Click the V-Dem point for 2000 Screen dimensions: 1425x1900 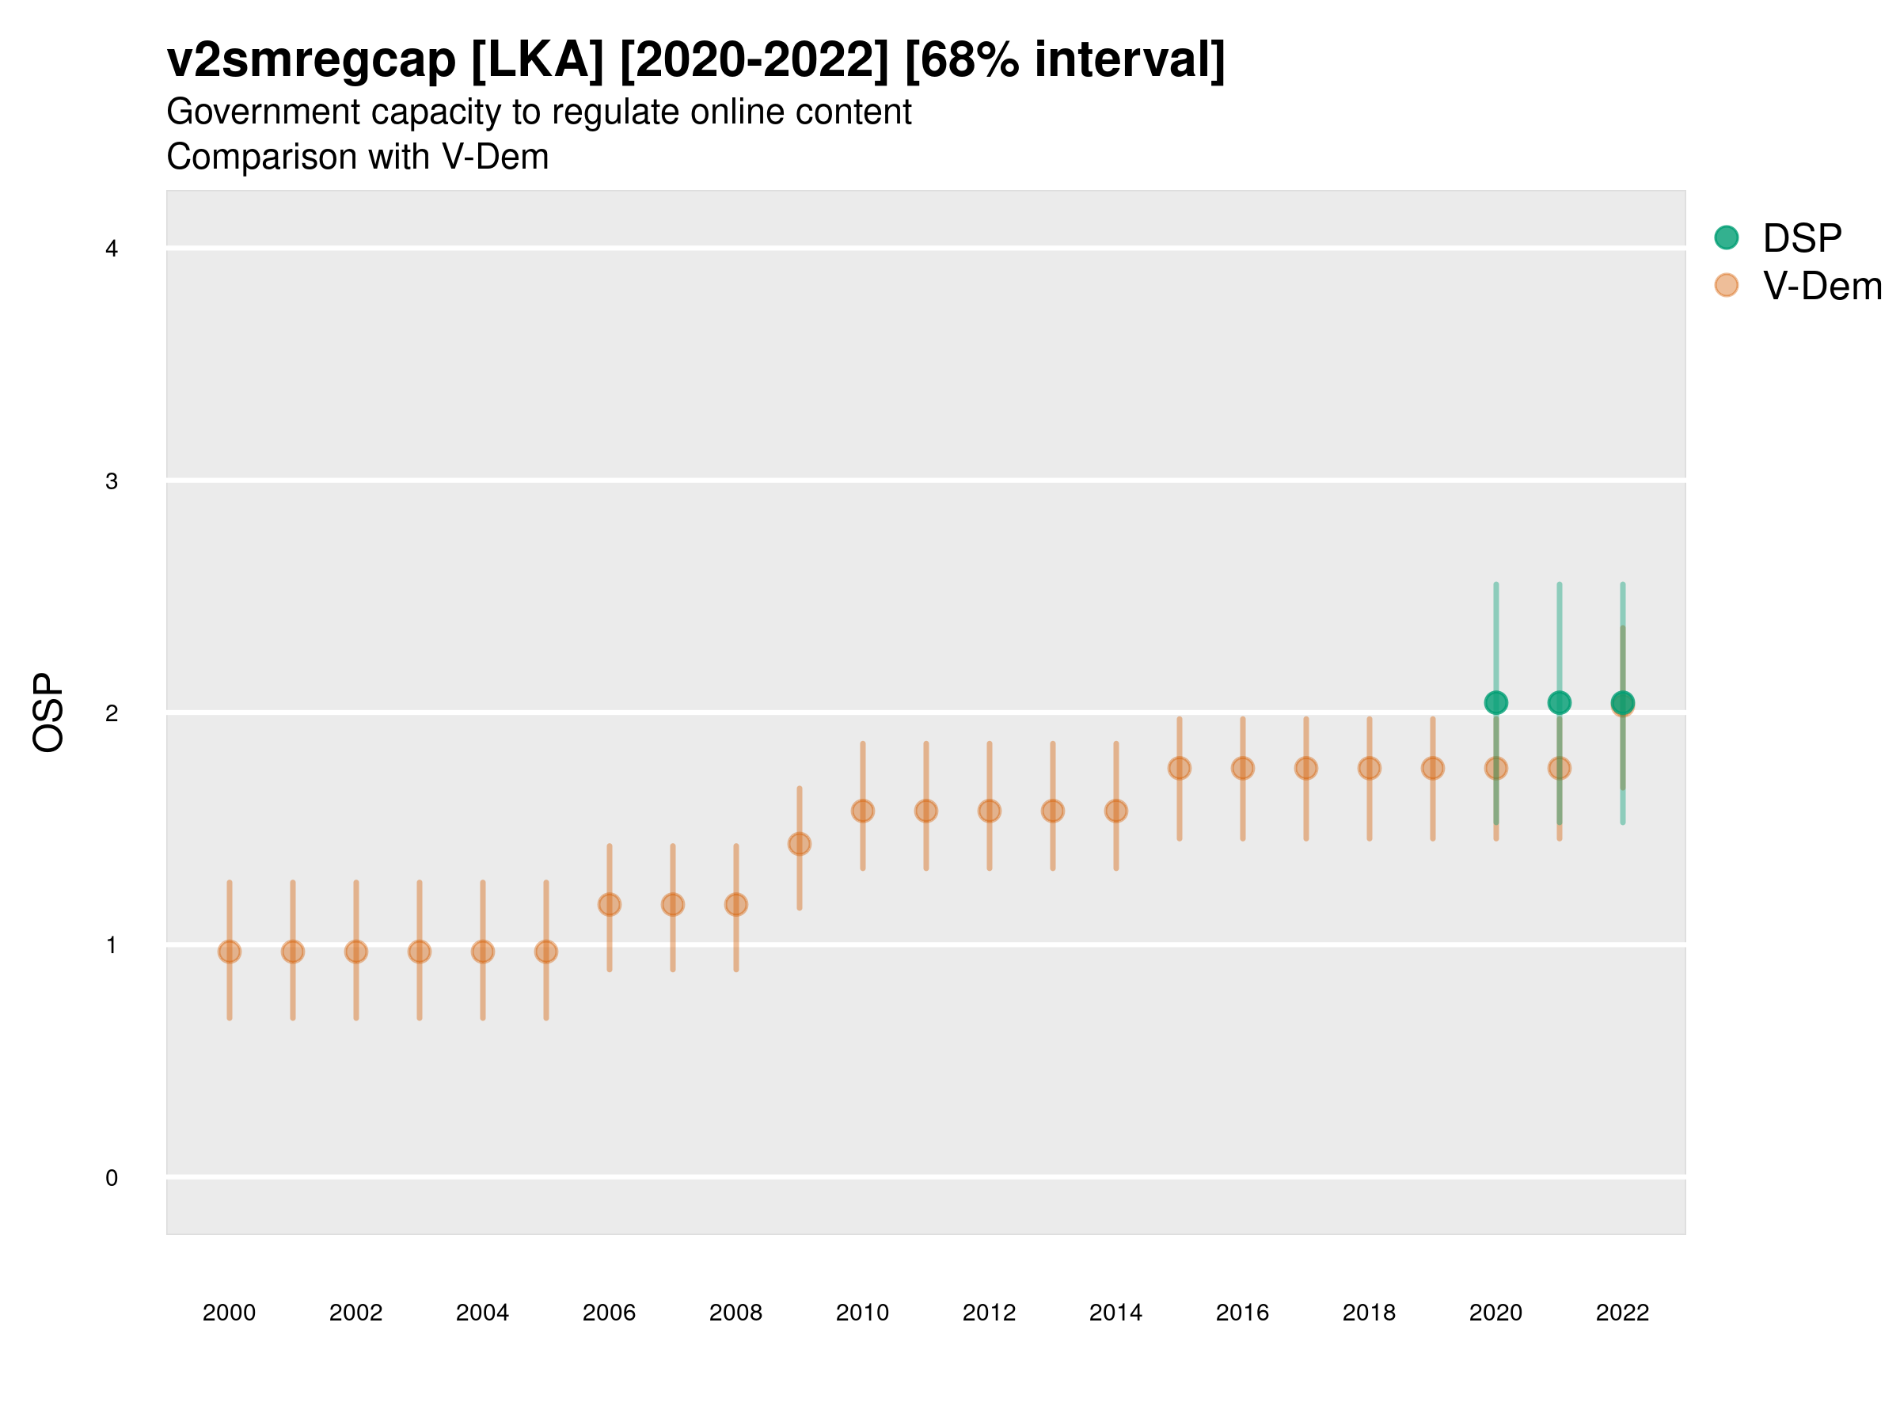(x=230, y=952)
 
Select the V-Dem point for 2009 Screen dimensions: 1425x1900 (x=799, y=845)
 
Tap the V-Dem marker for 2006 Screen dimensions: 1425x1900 (x=609, y=904)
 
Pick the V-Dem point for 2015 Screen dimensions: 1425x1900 (x=1180, y=768)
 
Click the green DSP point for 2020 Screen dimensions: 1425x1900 (x=1495, y=703)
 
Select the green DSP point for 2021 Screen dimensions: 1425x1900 (x=1559, y=703)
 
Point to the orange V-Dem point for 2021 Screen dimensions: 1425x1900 (x=1559, y=768)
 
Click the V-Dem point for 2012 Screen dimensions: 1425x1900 (x=990, y=811)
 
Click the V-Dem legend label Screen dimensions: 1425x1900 (x=1822, y=286)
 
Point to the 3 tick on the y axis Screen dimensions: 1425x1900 (x=112, y=481)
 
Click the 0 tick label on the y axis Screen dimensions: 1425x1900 (x=112, y=1178)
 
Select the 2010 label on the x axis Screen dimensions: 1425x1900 (x=862, y=1313)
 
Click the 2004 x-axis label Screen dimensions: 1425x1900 (x=482, y=1313)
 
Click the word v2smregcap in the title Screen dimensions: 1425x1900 (x=311, y=60)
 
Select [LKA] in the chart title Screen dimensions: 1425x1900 (x=538, y=60)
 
